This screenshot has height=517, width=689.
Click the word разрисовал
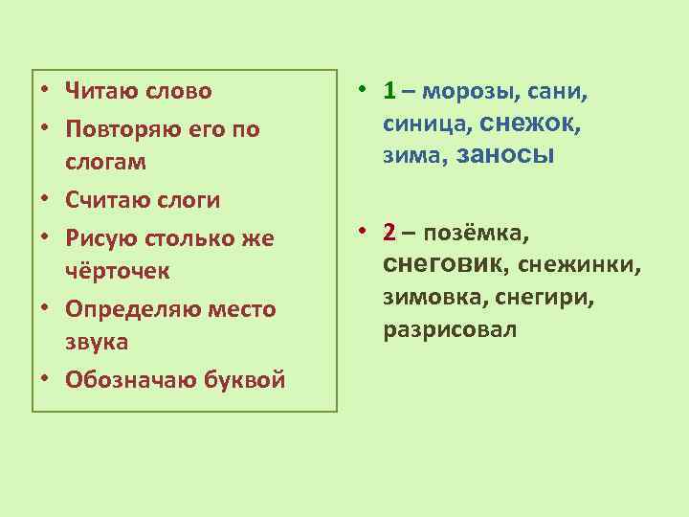coord(450,331)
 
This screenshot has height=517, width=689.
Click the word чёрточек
coord(117,271)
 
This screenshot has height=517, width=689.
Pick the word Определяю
coord(127,308)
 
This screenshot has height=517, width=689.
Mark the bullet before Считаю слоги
coord(45,201)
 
